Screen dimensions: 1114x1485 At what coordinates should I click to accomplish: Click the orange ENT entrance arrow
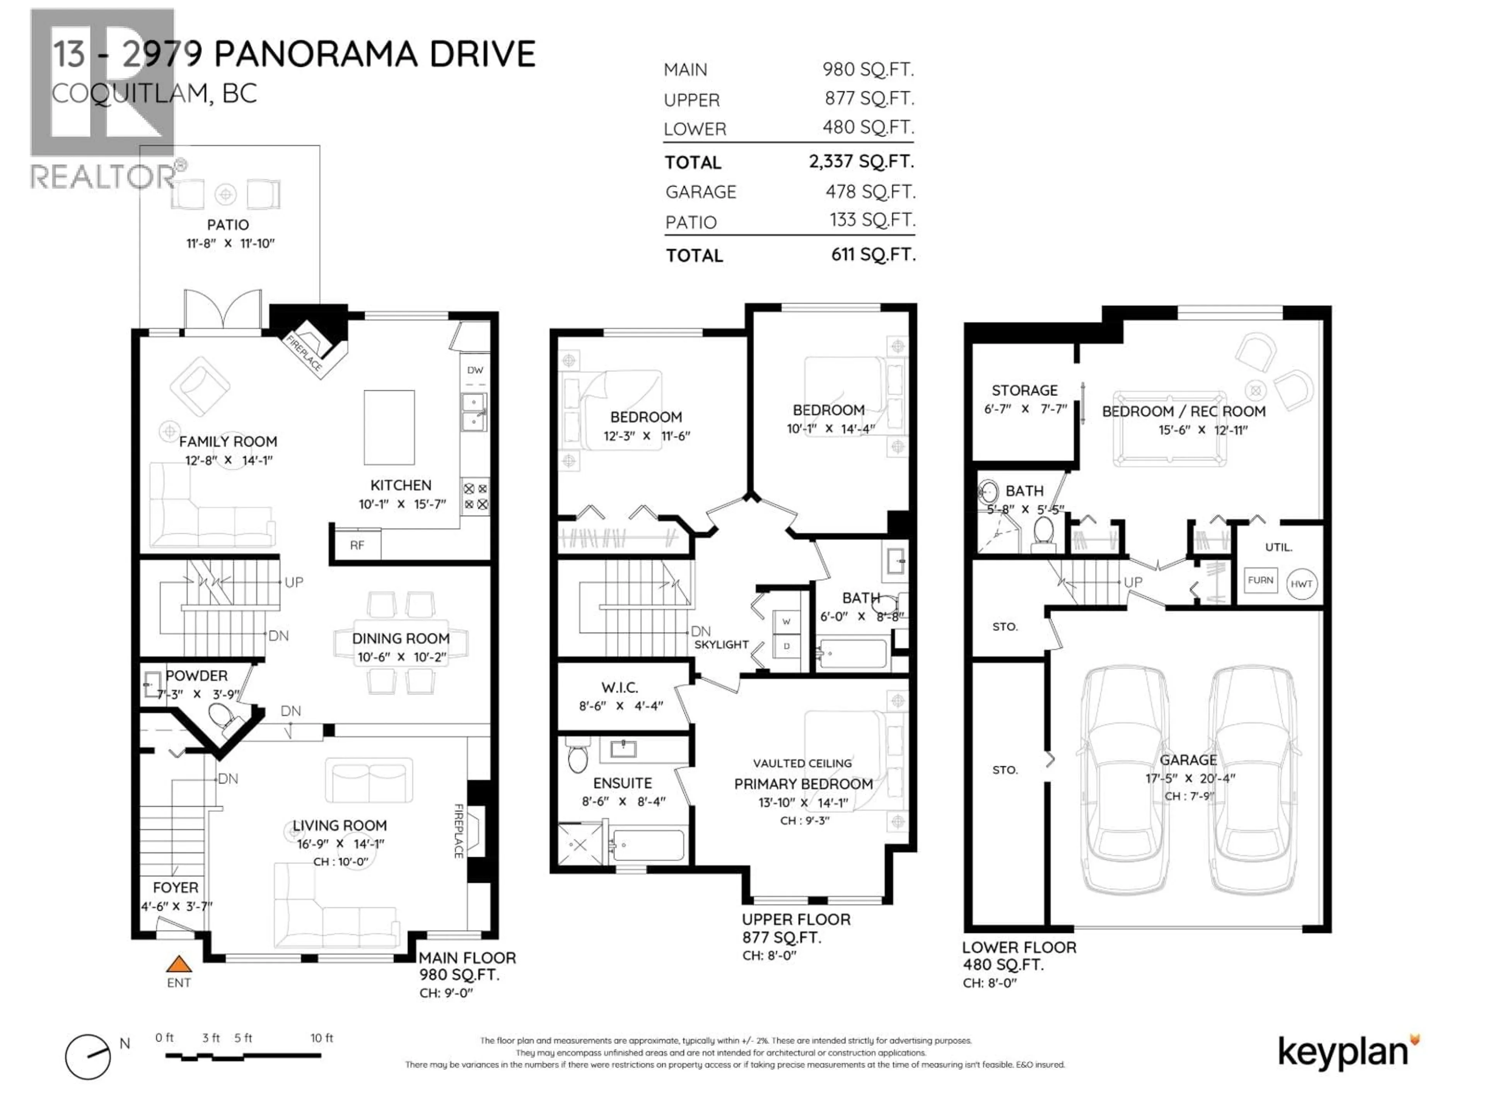pyautogui.click(x=179, y=965)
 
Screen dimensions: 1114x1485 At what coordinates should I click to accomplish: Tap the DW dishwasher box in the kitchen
pyautogui.click(x=475, y=370)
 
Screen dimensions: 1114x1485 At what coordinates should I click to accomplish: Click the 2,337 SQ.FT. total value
pyautogui.click(x=861, y=162)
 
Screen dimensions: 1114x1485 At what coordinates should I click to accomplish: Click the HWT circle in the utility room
pyautogui.click(x=1301, y=584)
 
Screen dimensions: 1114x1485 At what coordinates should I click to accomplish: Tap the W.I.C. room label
pyautogui.click(x=619, y=688)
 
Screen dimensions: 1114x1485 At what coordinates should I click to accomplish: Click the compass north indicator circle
pyautogui.click(x=88, y=1056)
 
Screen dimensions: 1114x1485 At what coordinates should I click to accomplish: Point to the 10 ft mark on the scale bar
pyautogui.click(x=321, y=1038)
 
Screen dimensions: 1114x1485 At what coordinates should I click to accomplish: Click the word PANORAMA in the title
pyautogui.click(x=317, y=54)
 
